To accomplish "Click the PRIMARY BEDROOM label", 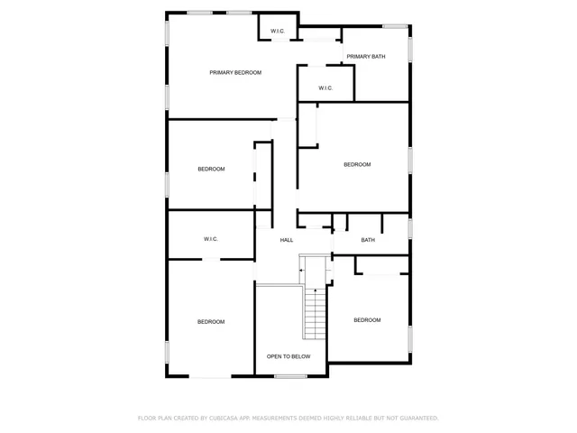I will (x=235, y=72).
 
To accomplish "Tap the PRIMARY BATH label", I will (x=365, y=57).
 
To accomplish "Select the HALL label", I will (x=287, y=240).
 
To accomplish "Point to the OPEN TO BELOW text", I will (x=288, y=356).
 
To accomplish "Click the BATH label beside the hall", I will (x=368, y=240).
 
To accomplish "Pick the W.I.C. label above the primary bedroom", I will (x=278, y=32).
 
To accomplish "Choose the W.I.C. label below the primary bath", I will (x=325, y=88).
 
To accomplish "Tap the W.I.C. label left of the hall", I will (x=211, y=239).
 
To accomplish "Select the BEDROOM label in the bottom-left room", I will (x=211, y=322).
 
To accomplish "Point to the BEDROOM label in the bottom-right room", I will (x=367, y=320).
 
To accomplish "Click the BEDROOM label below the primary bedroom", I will (x=211, y=169).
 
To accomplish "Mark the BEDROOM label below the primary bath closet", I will (x=357, y=164).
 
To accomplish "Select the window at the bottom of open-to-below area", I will (x=291, y=376).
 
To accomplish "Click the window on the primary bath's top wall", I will (x=394, y=25).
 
